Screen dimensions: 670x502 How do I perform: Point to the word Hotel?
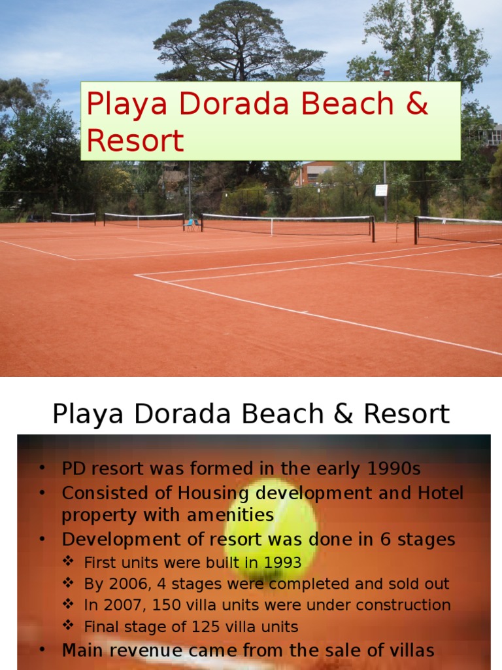(441, 493)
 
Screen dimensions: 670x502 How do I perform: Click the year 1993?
(282, 562)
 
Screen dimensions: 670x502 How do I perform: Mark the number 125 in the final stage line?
(206, 626)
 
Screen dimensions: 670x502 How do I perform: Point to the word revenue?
(145, 650)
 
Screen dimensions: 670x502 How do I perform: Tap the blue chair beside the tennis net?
(190, 224)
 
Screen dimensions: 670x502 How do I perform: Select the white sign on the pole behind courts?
(381, 190)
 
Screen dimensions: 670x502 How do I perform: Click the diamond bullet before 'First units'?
(69, 561)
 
